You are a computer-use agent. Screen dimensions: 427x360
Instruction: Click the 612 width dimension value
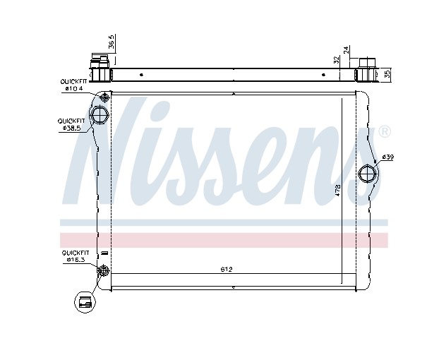[x=227, y=270]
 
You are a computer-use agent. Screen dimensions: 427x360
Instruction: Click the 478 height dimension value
[x=337, y=191]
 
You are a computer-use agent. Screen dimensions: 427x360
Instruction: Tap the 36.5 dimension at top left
[x=112, y=42]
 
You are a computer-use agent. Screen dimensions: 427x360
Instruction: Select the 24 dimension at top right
[x=346, y=50]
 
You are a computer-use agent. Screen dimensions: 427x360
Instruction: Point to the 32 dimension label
[x=337, y=60]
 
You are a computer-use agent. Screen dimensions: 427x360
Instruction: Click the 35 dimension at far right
[x=387, y=73]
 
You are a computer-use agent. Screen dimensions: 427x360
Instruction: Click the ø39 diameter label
[x=387, y=157]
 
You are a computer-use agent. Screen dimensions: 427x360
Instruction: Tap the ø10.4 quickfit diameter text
[x=74, y=88]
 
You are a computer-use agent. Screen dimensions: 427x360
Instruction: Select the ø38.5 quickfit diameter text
[x=71, y=128]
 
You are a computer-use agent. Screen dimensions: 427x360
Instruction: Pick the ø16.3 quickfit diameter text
[x=76, y=260]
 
